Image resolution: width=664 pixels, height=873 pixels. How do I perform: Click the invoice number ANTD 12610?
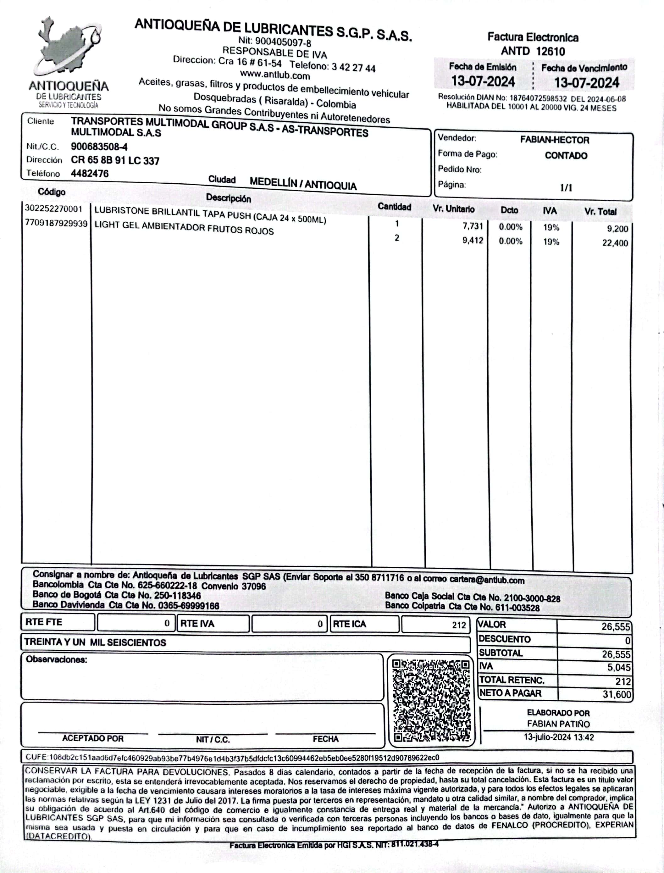coord(533,51)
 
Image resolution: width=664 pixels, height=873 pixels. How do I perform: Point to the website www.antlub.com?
coord(275,75)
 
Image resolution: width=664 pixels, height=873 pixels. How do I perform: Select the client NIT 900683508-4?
coord(99,147)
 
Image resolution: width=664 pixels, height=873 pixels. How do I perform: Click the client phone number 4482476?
coord(90,174)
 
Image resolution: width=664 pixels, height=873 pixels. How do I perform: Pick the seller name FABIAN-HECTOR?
coord(554,140)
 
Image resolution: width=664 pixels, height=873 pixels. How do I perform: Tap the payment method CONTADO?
coord(566,156)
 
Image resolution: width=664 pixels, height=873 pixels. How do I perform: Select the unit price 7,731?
coord(473,226)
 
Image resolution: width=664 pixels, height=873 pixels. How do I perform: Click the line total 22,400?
coord(615,243)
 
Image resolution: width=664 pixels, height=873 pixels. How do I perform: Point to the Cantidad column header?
coord(394,207)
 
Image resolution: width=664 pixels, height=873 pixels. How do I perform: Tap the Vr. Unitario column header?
coord(453,209)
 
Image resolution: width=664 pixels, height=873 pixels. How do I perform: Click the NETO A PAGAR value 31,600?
coord(616,694)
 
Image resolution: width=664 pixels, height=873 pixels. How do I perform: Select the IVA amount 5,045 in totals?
coord(618,668)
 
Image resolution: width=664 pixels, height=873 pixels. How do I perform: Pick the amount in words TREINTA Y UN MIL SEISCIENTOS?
coord(95,642)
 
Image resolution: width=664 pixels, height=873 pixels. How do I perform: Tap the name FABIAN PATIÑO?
coord(558,724)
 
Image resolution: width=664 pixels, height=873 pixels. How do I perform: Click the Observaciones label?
coord(57,659)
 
